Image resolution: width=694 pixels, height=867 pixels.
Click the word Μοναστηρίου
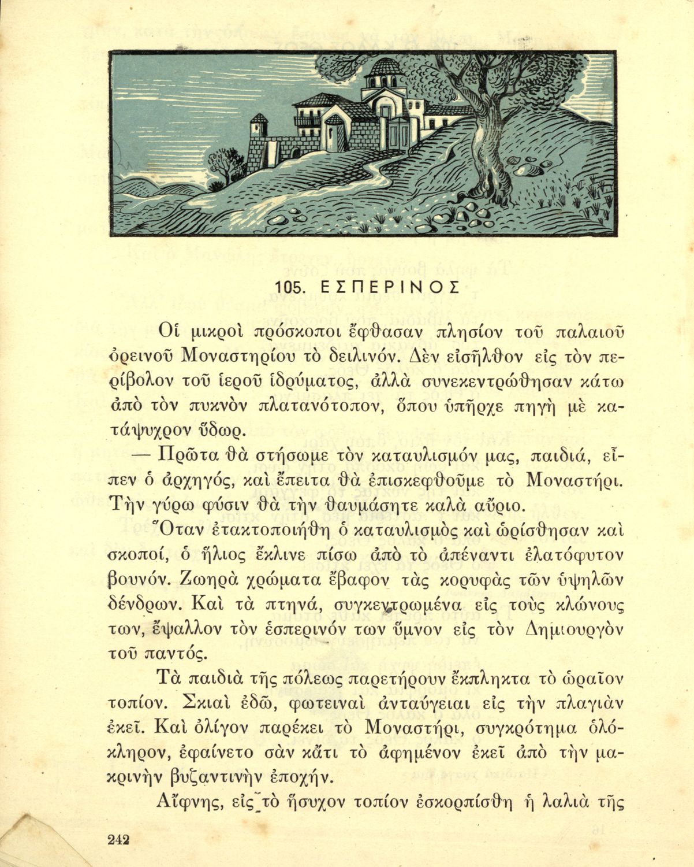pyautogui.click(x=247, y=357)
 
